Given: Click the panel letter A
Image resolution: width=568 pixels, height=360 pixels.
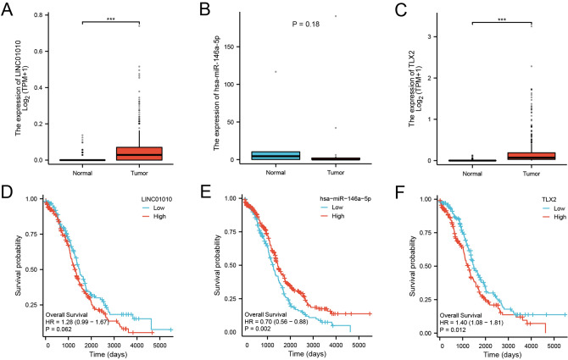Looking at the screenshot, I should (x=8, y=9).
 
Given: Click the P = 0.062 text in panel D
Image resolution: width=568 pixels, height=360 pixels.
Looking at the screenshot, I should (x=66, y=329).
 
